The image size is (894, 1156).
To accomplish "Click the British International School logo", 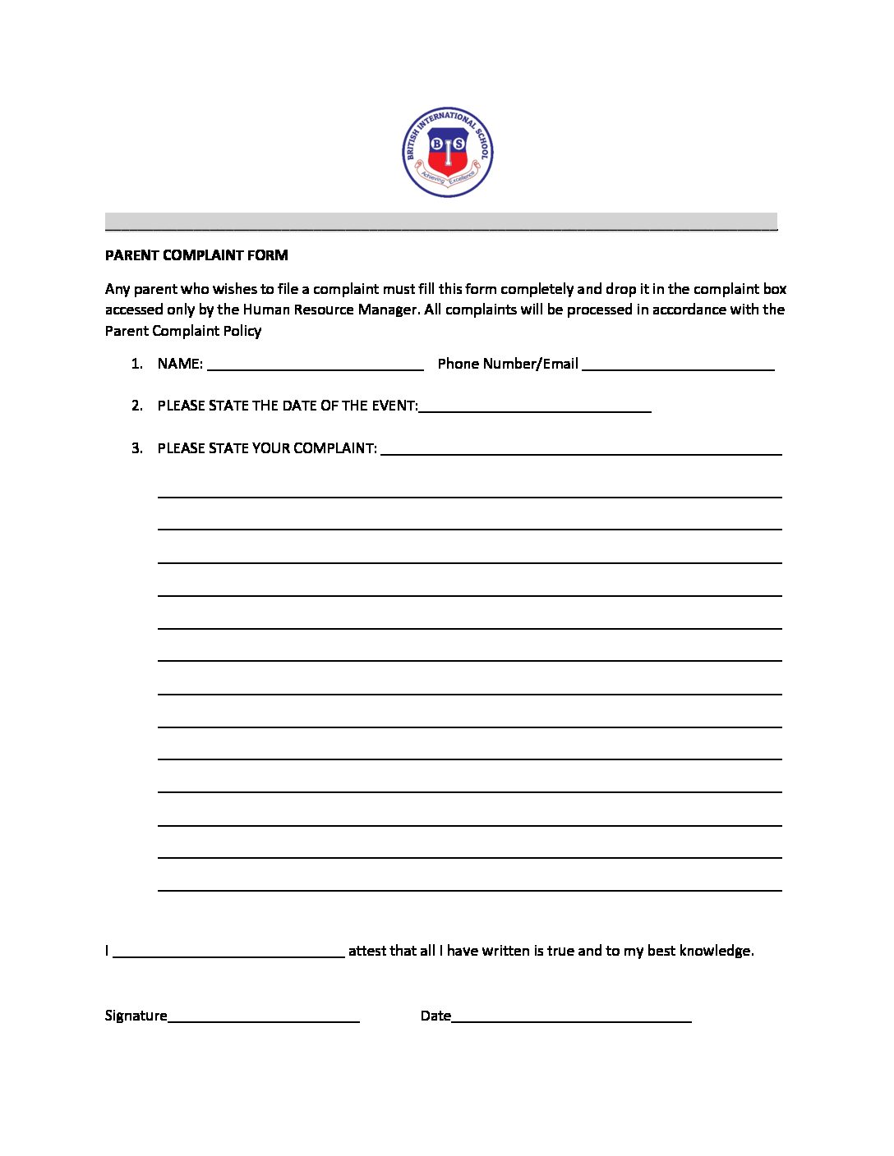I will (x=448, y=152).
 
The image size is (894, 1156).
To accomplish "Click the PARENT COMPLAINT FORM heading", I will (x=196, y=255).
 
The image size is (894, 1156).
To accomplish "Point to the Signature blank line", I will (x=264, y=1020).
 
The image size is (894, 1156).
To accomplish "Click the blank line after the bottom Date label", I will (x=572, y=1020).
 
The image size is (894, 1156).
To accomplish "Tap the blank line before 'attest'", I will (x=228, y=955).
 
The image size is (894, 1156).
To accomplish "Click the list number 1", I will (x=137, y=364).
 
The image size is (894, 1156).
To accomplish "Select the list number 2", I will (x=137, y=406).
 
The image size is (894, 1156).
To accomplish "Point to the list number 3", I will (x=137, y=448).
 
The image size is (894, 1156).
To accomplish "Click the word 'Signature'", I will (x=136, y=1016).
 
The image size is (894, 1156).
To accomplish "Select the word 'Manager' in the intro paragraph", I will (x=387, y=310).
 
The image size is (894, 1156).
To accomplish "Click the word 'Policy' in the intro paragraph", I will (x=242, y=331).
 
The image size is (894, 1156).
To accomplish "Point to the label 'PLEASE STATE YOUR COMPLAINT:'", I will (x=267, y=448).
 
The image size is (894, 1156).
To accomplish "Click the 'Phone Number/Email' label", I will (x=508, y=364).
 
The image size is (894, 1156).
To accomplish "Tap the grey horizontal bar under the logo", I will (x=441, y=222).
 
